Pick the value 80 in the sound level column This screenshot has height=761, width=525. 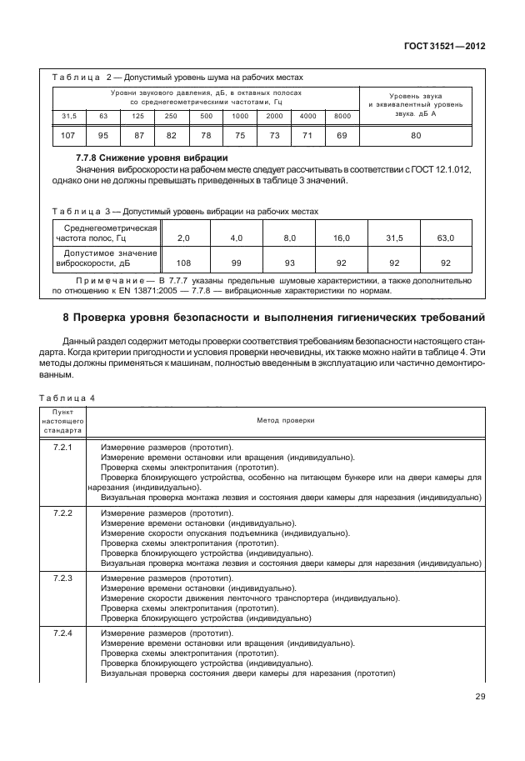pos(415,134)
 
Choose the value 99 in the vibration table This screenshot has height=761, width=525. pos(237,261)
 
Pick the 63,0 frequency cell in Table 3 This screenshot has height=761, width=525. pos(446,238)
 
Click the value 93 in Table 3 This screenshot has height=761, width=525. pos(290,261)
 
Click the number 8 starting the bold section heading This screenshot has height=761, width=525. pos(42,318)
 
